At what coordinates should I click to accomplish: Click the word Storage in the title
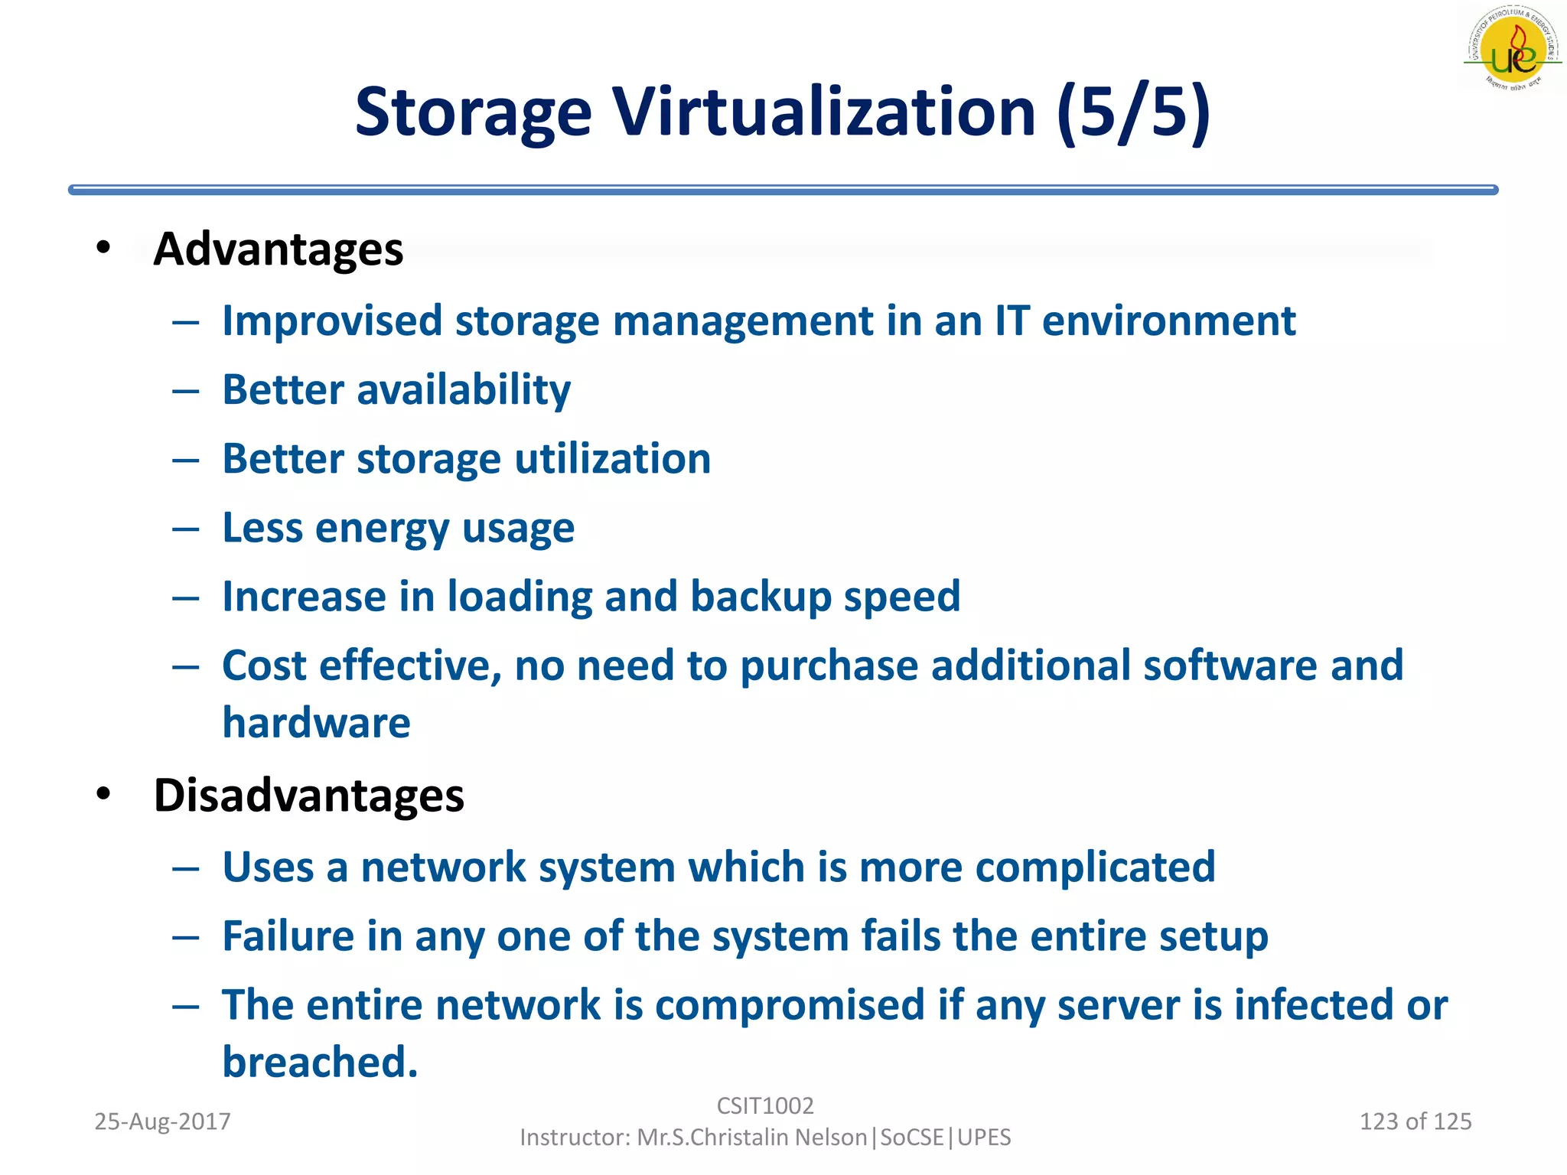tap(473, 113)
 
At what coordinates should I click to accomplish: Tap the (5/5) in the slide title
tap(1133, 113)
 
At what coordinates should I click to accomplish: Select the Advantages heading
tap(278, 249)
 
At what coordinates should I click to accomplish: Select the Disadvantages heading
tap(308, 796)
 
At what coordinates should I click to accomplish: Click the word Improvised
tap(332, 321)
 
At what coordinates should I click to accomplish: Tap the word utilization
tap(612, 459)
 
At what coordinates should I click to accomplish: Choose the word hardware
tap(316, 723)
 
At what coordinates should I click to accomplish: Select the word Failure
tap(288, 936)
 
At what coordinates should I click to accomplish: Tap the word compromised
tap(790, 1005)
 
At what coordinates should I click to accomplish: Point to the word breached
tap(320, 1063)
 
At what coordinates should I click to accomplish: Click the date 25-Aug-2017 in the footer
tap(162, 1121)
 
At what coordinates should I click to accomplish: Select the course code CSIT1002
tap(765, 1106)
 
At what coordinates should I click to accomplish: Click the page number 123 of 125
tap(1415, 1121)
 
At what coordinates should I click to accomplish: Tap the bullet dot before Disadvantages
tap(103, 794)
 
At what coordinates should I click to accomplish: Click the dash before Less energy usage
tap(186, 529)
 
